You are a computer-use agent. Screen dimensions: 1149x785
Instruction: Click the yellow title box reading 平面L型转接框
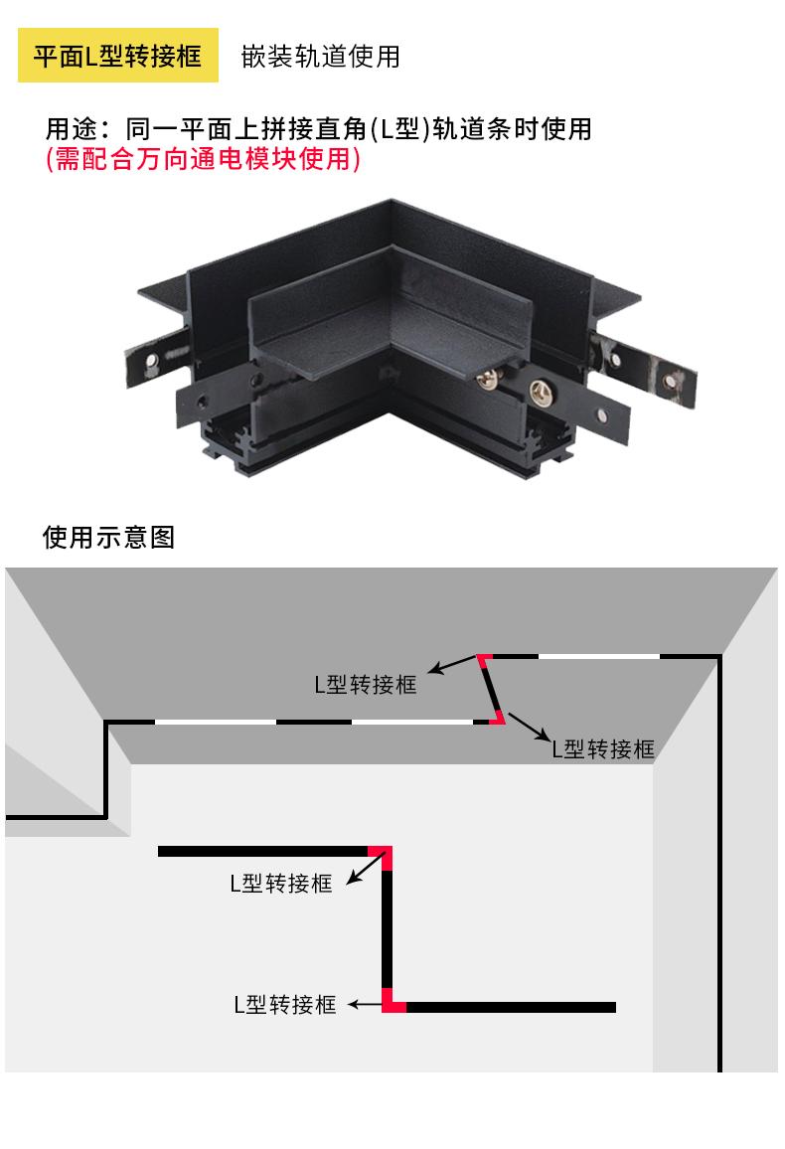[x=118, y=56]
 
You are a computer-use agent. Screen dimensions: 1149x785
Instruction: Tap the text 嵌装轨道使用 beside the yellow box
[x=320, y=57]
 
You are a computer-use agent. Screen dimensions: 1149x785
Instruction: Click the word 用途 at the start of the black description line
[x=72, y=129]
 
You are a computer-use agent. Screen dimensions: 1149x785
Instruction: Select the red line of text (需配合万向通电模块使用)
[x=203, y=159]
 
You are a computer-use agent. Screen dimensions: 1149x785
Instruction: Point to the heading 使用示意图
[x=108, y=538]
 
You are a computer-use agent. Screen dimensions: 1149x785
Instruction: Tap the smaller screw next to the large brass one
[x=489, y=377]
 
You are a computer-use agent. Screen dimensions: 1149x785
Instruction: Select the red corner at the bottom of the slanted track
[x=498, y=719]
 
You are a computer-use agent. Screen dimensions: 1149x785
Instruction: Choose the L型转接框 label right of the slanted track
[x=603, y=749]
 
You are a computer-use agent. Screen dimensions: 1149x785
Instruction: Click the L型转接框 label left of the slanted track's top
[x=365, y=686]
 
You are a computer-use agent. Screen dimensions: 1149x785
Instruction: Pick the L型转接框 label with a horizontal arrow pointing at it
[x=285, y=1005]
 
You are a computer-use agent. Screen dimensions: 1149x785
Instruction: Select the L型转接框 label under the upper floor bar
[x=281, y=883]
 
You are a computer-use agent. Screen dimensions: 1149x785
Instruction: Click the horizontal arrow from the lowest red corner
[x=368, y=1006]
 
